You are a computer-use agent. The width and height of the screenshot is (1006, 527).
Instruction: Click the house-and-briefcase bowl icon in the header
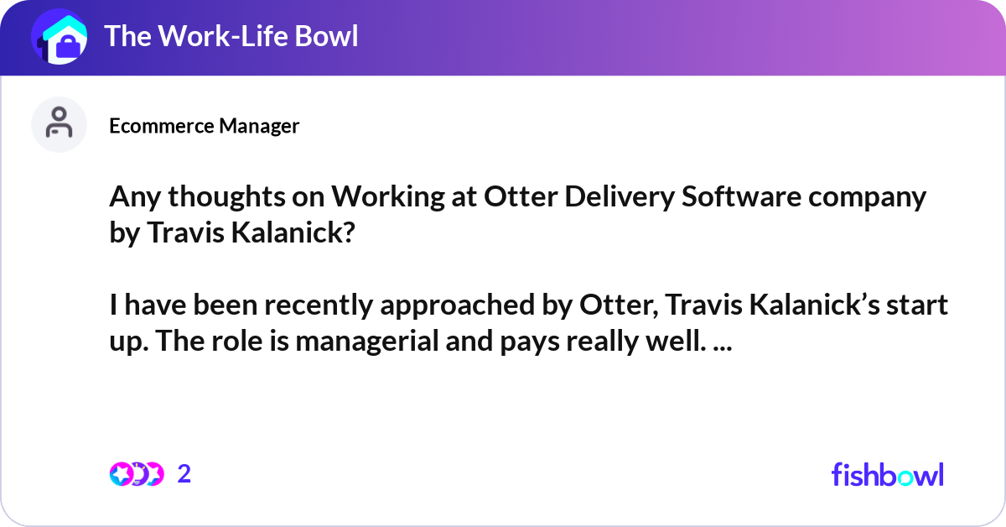[x=59, y=37]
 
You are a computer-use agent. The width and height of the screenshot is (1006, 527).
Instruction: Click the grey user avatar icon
[x=59, y=124]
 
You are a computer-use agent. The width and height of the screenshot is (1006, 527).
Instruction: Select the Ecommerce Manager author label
[x=204, y=126]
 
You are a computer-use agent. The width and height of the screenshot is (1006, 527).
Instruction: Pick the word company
[x=872, y=197]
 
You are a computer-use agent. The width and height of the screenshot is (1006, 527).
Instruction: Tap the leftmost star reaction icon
[x=120, y=474]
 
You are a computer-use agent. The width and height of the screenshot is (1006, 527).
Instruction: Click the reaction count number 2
[x=184, y=474]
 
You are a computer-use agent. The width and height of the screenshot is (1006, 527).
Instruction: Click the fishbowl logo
[x=887, y=474]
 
